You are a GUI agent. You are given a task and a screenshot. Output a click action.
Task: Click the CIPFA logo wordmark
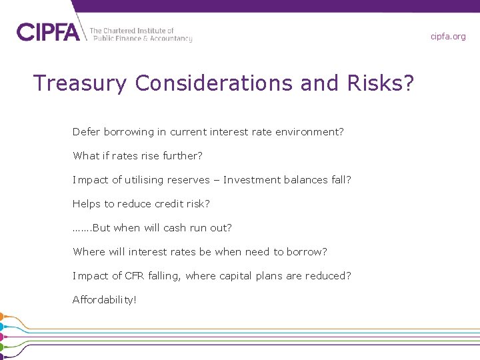coord(48,32)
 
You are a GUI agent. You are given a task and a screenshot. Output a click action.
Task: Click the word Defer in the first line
coord(85,132)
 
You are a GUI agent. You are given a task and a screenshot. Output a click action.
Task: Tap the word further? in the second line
coord(187,156)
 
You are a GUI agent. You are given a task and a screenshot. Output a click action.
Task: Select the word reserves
coord(195,180)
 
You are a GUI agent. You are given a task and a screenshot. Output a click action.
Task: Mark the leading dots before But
coord(81,229)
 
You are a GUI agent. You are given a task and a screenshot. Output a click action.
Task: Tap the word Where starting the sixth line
coord(89,252)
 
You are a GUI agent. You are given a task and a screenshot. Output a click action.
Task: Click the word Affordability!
coord(105,300)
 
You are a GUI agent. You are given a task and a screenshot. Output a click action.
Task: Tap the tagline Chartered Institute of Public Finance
coord(141,35)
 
